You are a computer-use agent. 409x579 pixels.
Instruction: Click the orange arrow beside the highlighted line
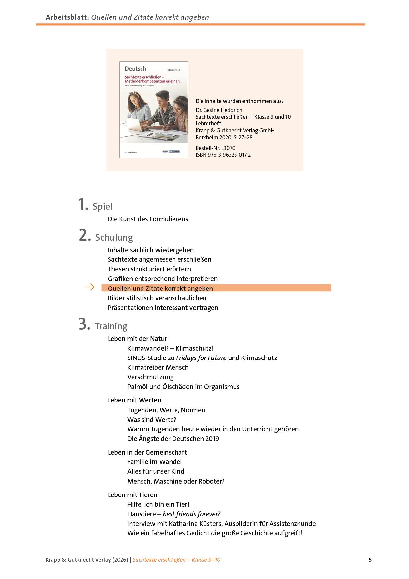point(90,288)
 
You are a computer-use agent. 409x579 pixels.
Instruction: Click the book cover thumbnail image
point(154,110)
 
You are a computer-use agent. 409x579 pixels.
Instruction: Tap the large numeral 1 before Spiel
point(83,204)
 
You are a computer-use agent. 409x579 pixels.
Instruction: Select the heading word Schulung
point(114,238)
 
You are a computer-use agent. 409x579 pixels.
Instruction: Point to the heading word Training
point(111,326)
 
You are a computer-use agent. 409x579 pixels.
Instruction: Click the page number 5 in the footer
point(370,560)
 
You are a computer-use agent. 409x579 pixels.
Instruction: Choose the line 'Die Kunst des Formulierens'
point(148,219)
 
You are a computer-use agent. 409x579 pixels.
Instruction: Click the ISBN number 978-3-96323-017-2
point(229,155)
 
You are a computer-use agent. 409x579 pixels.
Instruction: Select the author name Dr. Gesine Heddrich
point(219,110)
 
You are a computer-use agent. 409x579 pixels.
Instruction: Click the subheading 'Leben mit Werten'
point(134,400)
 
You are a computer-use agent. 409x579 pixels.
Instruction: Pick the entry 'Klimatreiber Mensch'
point(158,367)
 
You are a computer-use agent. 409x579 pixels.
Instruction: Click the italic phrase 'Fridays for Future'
point(201,358)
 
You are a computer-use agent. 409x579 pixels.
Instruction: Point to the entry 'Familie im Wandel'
point(154,462)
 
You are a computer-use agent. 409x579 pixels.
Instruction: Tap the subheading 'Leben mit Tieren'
point(133,495)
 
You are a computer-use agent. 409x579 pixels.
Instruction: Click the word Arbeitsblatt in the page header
point(67,17)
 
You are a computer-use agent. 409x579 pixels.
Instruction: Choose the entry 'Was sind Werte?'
point(152,420)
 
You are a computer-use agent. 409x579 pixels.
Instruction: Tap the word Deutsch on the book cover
point(135,69)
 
